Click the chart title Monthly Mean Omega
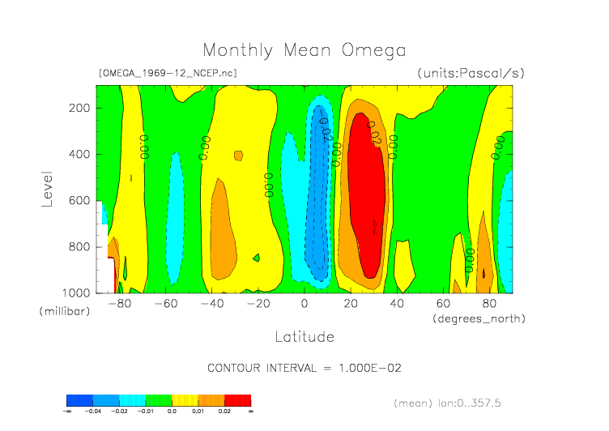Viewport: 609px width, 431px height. click(x=304, y=50)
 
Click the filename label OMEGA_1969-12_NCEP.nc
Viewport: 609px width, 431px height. click(x=168, y=73)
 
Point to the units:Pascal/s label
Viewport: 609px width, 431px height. click(x=471, y=73)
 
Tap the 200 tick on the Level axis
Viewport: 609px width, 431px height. click(x=79, y=108)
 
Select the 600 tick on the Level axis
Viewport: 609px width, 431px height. click(x=79, y=200)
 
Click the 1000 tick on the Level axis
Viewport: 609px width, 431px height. click(x=76, y=292)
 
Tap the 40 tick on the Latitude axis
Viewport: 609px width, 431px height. click(x=398, y=304)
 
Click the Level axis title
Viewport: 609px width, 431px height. click(x=47, y=188)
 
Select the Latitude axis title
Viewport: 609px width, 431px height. click(x=304, y=336)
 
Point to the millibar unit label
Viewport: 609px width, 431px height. click(x=63, y=312)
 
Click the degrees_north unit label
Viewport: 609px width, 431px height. click(x=479, y=318)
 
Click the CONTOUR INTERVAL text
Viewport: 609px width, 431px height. click(x=304, y=368)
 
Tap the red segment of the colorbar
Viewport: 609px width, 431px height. click(x=237, y=400)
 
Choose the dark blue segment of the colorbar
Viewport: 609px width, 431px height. click(x=79, y=400)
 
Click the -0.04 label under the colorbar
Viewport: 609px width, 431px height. click(x=92, y=412)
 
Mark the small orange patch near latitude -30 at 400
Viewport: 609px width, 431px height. click(x=238, y=156)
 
